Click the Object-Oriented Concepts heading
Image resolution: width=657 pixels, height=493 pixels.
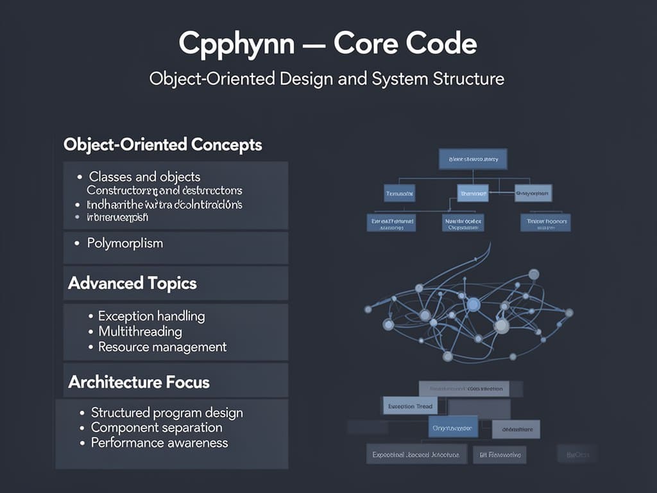pos(163,144)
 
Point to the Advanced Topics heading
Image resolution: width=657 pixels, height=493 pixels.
pos(132,283)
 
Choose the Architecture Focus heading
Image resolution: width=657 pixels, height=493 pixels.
pos(139,382)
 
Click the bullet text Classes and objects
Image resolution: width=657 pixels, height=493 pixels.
pos(144,177)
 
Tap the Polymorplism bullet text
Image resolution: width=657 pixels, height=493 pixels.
pos(125,243)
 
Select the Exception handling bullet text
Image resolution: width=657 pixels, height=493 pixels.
pos(151,316)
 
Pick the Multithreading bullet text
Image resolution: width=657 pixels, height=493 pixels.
pos(140,331)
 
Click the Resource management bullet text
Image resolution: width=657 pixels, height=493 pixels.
pos(162,347)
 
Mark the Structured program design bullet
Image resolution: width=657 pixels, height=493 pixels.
pos(167,412)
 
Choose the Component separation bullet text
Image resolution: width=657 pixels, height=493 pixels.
pos(157,428)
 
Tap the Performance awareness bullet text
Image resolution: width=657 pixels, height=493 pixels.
pos(159,443)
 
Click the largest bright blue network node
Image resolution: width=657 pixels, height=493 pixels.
pos(474,304)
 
